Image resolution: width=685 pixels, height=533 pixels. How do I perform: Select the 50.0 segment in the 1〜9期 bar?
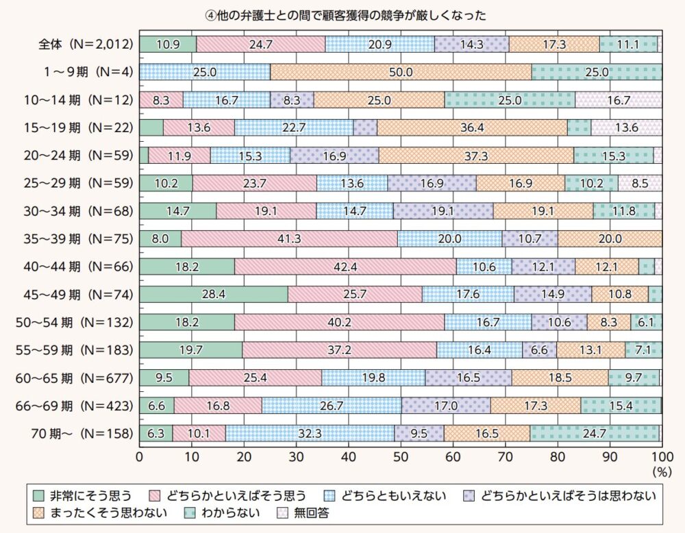pos(401,72)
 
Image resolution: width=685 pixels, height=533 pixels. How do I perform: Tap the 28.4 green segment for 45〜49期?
pos(214,295)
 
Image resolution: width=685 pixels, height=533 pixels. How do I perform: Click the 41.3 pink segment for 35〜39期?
pos(289,238)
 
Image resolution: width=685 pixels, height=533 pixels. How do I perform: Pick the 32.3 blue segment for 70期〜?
pos(310,434)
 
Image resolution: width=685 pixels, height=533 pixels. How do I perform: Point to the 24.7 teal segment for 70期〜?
pos(595,434)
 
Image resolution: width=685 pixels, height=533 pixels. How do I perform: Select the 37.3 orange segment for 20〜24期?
pos(476,156)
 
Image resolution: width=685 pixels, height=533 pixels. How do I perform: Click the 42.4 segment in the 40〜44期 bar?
pos(345,266)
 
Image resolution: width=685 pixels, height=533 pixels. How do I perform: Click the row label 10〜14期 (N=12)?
pos(76,99)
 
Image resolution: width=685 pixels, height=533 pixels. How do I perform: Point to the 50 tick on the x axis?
pos(401,456)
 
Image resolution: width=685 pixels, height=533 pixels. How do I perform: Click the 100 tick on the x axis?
pos(661,456)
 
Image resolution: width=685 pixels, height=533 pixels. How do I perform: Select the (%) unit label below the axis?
pos(661,471)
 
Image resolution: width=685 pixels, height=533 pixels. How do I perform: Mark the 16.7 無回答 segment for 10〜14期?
pos(618,99)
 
